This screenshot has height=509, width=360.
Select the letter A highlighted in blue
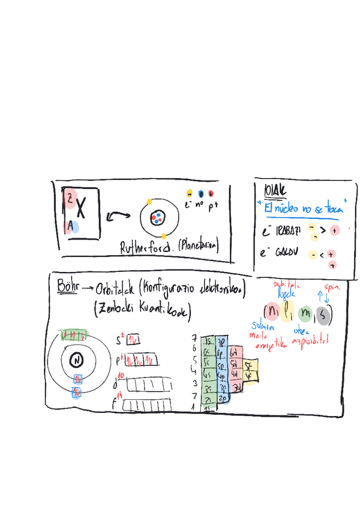point(71,226)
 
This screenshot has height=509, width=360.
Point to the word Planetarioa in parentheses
point(198,246)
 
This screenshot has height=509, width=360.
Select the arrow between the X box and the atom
point(118,215)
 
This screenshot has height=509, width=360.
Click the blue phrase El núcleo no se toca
point(302,208)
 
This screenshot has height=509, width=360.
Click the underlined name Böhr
point(68,285)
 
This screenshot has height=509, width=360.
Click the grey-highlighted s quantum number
point(324,313)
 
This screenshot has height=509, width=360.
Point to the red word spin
point(331,288)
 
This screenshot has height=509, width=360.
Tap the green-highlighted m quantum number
point(306,313)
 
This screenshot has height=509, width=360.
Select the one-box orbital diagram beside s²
point(134,339)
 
